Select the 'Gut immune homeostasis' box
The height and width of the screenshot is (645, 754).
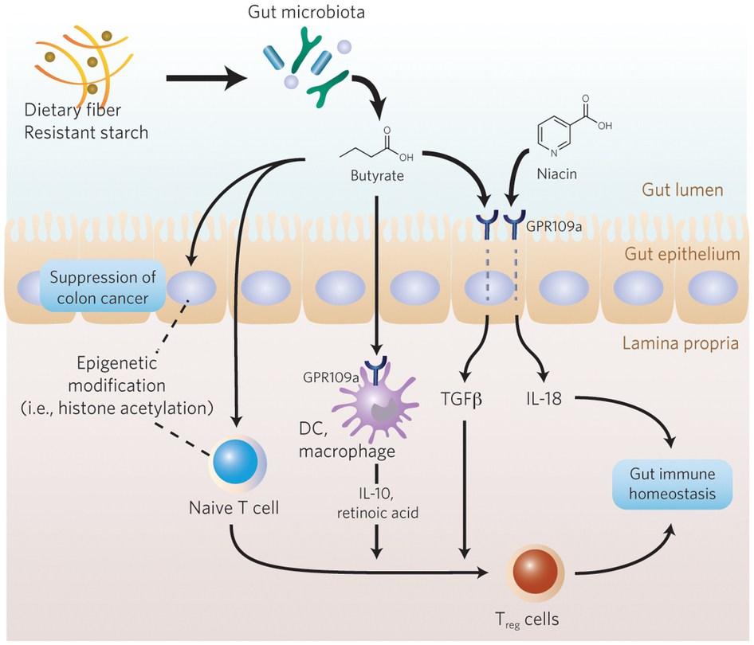(671, 484)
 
